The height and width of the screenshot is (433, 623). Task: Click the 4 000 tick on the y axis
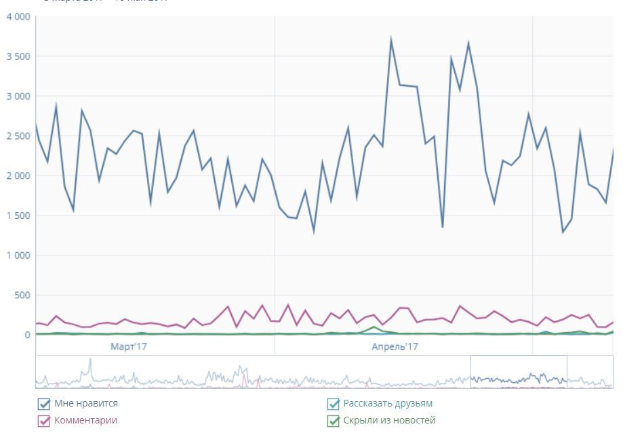coord(18,16)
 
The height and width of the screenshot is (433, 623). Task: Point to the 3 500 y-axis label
coord(18,56)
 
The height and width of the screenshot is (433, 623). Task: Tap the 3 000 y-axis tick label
coord(18,96)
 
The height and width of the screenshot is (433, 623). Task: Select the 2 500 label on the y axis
coord(18,136)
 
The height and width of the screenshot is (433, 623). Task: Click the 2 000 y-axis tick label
coord(18,176)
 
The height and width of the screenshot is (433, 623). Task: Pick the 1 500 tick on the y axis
coord(18,215)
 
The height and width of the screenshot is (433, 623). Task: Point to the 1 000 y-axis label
coord(18,255)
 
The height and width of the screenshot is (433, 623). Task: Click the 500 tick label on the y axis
coord(22,295)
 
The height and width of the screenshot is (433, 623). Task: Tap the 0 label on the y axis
coord(28,335)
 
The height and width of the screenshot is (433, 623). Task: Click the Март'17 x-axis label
coord(129,346)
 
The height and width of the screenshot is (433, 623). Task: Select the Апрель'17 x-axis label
coord(395,346)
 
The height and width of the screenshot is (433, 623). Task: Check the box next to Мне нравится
coord(44,405)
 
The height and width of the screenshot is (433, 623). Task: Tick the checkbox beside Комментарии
coord(44,421)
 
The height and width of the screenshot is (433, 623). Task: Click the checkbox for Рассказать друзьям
coord(333,405)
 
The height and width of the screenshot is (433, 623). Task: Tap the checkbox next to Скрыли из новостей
coord(333,421)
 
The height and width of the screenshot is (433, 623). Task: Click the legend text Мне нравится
coord(86,403)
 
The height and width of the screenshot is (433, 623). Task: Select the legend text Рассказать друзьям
coord(388,403)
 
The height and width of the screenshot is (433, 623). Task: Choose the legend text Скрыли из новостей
coord(389,420)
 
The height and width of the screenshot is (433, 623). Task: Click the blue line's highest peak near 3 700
coord(391,40)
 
